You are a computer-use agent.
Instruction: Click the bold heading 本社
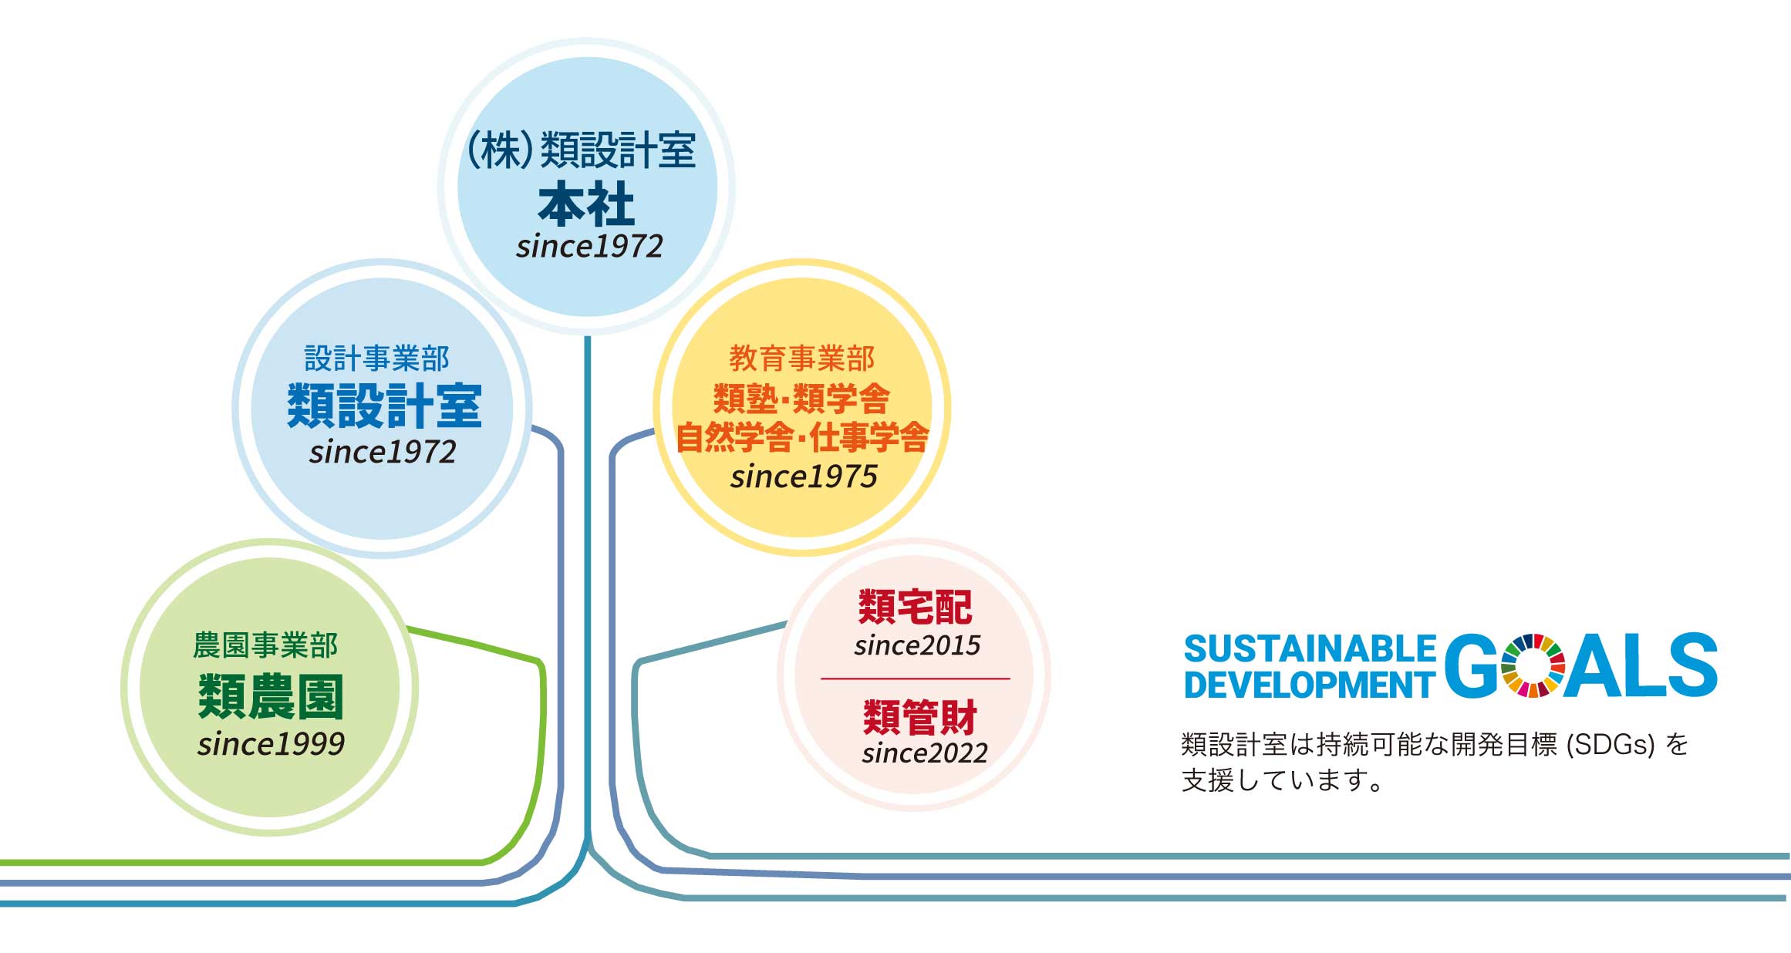click(586, 204)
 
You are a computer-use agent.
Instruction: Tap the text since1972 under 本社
click(589, 247)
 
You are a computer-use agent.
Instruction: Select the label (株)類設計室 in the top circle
click(581, 150)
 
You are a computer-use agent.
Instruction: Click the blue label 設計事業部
click(376, 359)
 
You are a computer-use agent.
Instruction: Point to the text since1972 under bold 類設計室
click(383, 452)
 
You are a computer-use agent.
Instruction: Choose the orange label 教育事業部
click(802, 359)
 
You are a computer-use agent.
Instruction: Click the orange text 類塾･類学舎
click(802, 399)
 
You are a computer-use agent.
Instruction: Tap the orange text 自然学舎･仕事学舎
click(802, 437)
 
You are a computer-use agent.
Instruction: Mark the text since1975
click(804, 476)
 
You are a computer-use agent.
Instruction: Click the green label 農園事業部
click(265, 645)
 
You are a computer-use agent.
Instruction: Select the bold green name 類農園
click(271, 695)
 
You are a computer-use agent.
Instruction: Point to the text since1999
click(271, 744)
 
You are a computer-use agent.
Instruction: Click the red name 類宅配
click(916, 607)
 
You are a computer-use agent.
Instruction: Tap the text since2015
click(917, 645)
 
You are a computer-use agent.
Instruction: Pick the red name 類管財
click(920, 718)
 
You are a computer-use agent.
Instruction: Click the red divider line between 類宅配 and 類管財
click(916, 679)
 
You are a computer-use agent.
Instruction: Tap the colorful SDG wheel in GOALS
click(1533, 665)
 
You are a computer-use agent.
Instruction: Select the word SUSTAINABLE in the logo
click(1310, 649)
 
